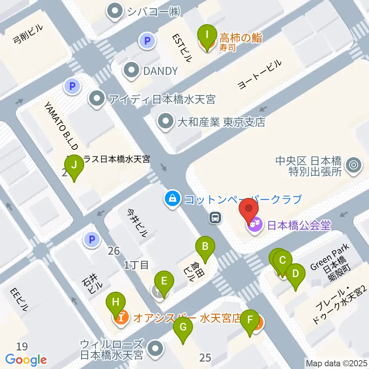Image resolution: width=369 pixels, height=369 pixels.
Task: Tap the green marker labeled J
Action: (75, 166)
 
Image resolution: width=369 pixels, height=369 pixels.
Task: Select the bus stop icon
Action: (215, 218)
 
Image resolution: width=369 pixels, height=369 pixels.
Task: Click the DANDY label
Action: (161, 71)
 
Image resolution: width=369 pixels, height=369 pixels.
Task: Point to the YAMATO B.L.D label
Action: (61, 125)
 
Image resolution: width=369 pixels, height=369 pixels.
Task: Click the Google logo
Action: (26, 360)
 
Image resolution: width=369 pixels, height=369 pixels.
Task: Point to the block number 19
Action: (23, 346)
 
